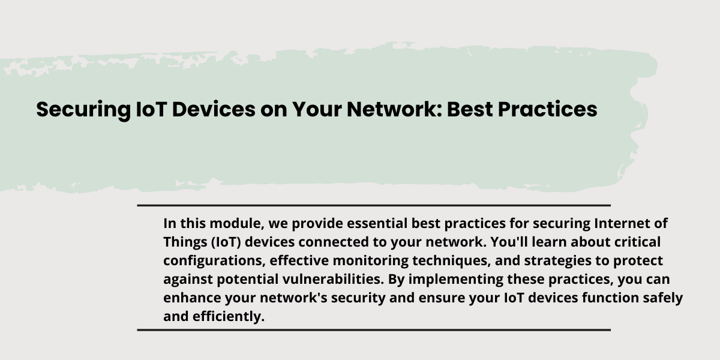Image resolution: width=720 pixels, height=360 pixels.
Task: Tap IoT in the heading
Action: [x=151, y=109]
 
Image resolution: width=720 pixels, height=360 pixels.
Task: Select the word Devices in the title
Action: [x=214, y=109]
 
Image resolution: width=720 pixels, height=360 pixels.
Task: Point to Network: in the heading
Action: [x=394, y=109]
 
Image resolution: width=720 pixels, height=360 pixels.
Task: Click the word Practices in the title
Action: [x=547, y=109]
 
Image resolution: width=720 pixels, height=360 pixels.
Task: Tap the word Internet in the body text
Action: [x=622, y=223]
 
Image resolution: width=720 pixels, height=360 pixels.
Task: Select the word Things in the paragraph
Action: [x=185, y=242]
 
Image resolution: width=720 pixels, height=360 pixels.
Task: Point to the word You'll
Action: [x=509, y=242]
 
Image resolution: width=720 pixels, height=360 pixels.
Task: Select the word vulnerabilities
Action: [x=334, y=280]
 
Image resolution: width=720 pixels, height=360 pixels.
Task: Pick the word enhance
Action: [x=192, y=298]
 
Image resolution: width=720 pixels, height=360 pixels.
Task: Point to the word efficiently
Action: [x=229, y=317]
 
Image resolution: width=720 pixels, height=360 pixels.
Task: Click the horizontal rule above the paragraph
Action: [x=374, y=205]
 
